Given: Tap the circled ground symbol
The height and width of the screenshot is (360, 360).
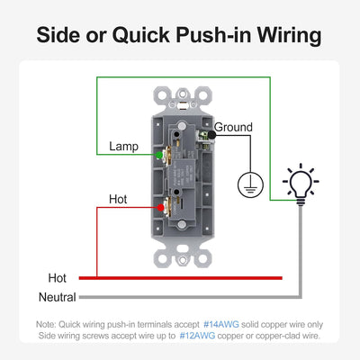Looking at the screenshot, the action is coord(250,184).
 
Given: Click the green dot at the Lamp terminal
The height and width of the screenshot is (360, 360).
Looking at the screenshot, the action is coord(159,155).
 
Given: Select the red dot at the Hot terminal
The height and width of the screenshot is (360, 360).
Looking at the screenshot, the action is coord(161,207).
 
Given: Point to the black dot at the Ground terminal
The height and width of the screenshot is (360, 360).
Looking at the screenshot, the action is coord(211,135).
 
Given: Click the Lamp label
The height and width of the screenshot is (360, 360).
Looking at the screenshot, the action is coord(123,147).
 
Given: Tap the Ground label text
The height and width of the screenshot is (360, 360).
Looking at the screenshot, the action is coord(233,127).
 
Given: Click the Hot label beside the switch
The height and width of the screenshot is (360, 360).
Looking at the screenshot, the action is coord(118,199).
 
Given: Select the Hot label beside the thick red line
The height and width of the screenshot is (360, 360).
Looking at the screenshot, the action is coord(57,278).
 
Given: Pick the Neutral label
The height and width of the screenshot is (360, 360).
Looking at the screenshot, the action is coord(58,297).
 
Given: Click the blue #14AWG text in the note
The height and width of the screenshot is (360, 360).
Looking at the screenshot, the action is coord(221,324).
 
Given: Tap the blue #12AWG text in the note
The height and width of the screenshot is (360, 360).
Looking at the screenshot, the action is coord(197,336).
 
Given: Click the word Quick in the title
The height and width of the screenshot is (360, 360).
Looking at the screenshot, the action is coord(141,35).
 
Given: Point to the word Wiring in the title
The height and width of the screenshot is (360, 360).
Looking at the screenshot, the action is coord(289,36).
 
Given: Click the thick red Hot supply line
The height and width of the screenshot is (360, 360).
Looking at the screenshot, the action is coord(181,278).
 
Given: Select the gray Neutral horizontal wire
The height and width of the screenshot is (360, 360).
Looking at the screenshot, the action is coord(190,297).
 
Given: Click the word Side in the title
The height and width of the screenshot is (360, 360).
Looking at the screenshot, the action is coord(58,35).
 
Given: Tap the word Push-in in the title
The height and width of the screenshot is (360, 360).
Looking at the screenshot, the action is coord(213,35).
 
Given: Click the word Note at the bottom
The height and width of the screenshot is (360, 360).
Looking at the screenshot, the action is coord(46,324).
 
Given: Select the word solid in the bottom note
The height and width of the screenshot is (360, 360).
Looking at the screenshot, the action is coord(251,324).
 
